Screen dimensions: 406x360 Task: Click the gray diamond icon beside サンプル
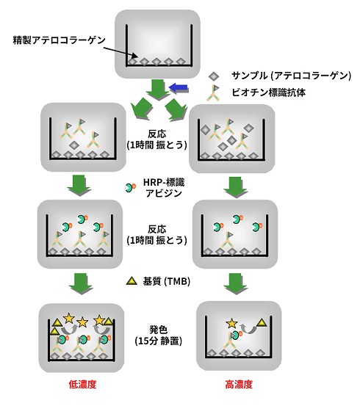pyautogui.click(x=213, y=76)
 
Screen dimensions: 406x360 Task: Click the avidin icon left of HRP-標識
pyautogui.click(x=131, y=189)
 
